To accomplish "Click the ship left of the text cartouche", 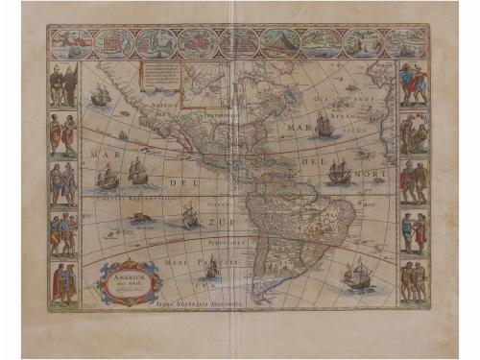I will tap(100, 96).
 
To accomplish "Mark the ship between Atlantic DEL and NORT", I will tap(338, 173).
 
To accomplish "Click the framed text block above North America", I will tap(164, 76).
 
